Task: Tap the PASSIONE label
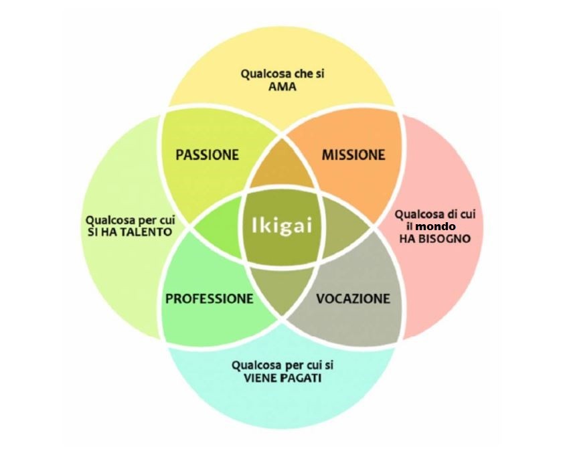coord(207,155)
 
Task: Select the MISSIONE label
coord(353,155)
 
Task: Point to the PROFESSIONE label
coord(210,298)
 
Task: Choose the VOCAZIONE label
coord(352,298)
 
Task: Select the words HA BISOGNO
coord(435,238)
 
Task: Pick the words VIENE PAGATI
coord(282,378)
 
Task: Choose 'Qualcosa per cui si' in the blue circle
coord(282,365)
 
